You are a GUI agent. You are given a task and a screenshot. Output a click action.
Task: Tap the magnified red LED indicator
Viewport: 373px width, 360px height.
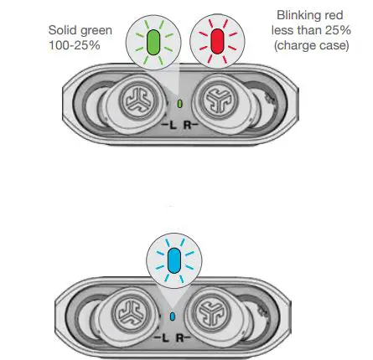click(x=217, y=42)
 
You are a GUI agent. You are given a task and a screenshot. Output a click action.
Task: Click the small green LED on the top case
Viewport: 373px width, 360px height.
click(x=181, y=104)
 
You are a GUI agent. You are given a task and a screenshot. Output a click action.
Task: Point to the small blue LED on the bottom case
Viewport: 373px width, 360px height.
click(x=173, y=316)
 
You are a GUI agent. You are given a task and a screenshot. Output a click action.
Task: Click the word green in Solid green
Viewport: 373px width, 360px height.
click(x=96, y=31)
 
